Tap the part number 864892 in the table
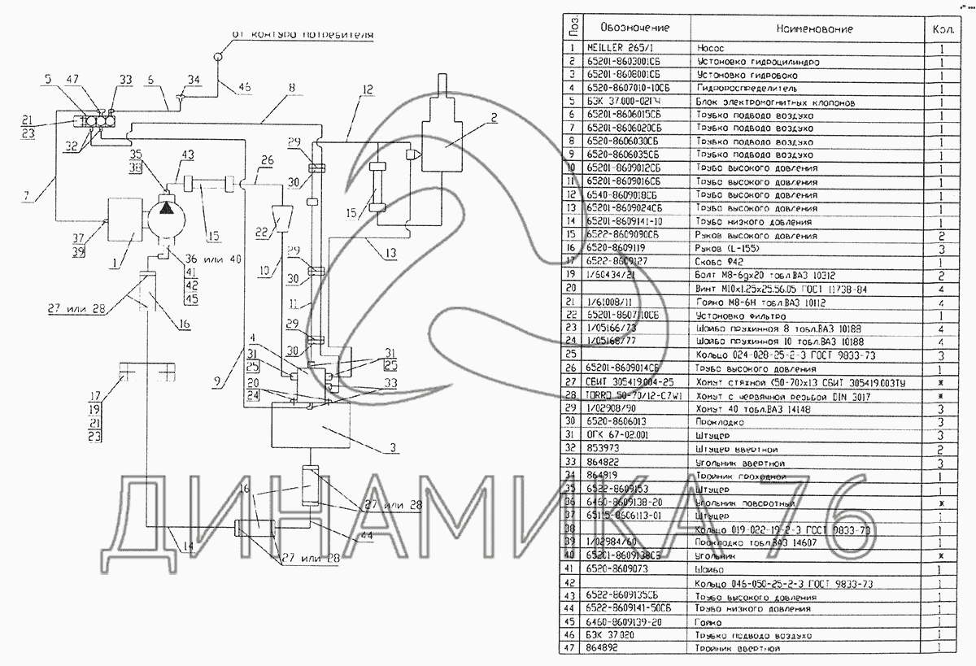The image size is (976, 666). [x=603, y=648]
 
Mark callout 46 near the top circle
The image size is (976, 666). [x=245, y=87]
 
